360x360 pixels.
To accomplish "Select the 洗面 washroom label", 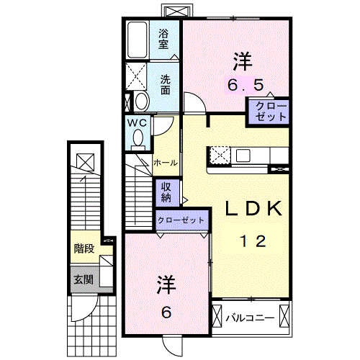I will [165, 85].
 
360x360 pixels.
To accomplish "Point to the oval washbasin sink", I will [141, 100].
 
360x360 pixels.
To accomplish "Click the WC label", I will [138, 123].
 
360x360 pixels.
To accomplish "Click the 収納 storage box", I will [166, 192].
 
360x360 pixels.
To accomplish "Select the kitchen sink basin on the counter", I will [240, 155].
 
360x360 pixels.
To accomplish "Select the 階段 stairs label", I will [84, 249].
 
